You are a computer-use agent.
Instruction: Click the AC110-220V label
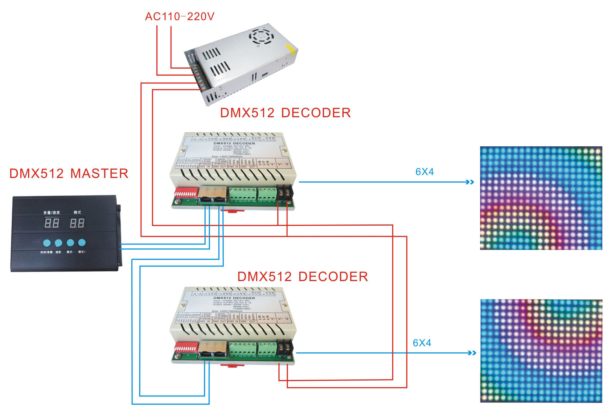179,16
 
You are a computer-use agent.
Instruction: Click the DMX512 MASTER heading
69,173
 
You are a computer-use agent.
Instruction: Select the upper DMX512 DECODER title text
285,113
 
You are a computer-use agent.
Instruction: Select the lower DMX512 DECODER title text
302,276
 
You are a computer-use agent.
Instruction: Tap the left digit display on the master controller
52,223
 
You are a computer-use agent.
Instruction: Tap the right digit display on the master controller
77,223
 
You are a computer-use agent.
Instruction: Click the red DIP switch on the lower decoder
186,347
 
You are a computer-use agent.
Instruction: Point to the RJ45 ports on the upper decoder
213,195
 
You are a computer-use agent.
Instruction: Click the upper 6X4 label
424,172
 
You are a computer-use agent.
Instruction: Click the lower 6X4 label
421,343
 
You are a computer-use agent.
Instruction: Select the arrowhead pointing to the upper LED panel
470,182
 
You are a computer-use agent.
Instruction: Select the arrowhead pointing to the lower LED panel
472,353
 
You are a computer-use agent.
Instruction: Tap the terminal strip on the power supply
198,77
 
